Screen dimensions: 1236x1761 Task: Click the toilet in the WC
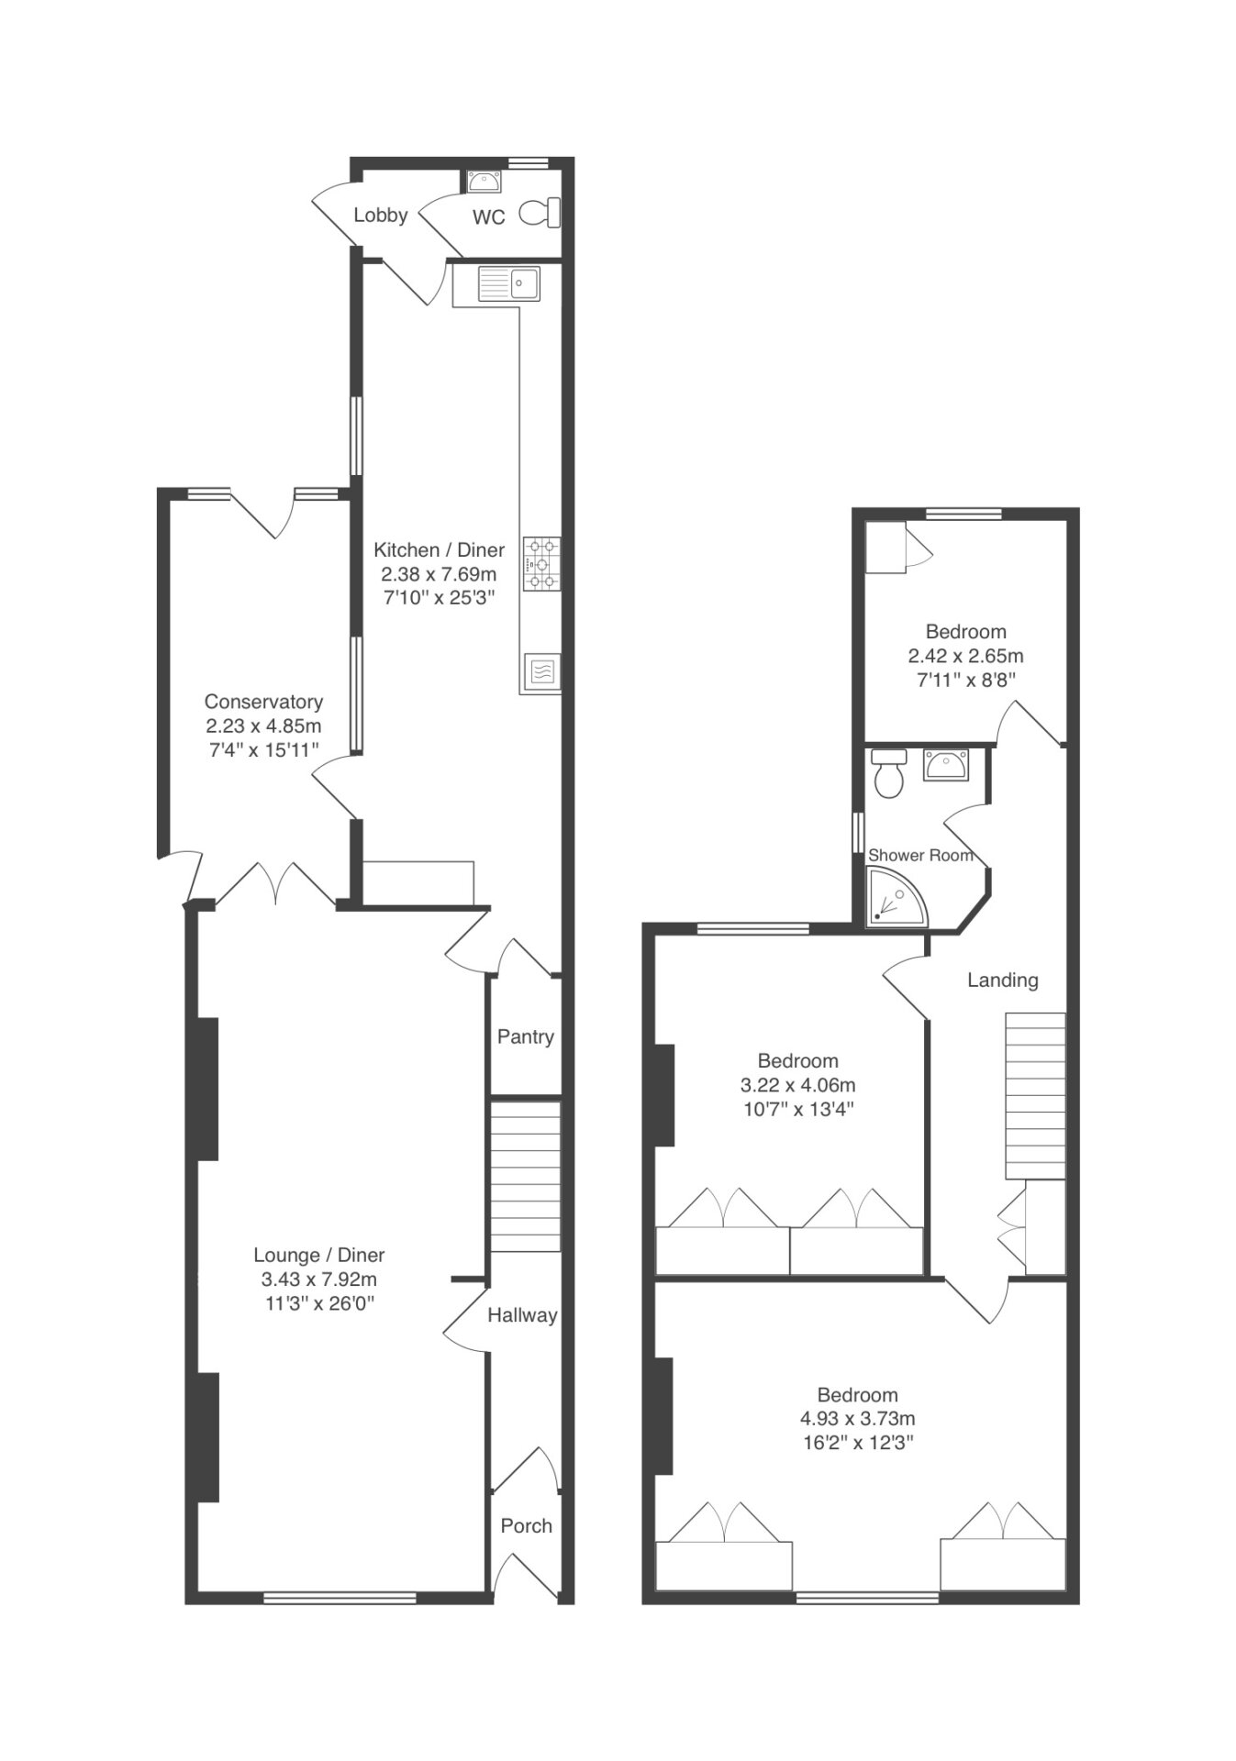click(x=540, y=213)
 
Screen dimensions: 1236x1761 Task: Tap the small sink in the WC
click(x=484, y=183)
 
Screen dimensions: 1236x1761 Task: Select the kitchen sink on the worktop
click(x=510, y=283)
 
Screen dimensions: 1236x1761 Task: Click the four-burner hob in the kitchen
click(x=541, y=564)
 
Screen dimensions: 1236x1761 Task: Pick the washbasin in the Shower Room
click(x=945, y=764)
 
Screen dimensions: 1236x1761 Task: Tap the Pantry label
click(x=526, y=1036)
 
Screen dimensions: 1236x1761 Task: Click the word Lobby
click(x=381, y=215)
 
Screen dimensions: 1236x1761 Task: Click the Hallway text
click(x=522, y=1315)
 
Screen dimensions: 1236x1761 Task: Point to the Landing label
click(x=1003, y=980)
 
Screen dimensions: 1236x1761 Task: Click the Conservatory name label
click(x=263, y=702)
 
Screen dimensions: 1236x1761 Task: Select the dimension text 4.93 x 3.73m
click(x=858, y=1418)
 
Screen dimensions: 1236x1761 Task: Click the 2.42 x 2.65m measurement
click(x=965, y=656)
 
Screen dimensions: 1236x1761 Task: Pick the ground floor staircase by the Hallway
click(x=525, y=1177)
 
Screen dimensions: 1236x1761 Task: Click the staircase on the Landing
click(x=1035, y=1096)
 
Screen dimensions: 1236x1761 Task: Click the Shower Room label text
click(x=920, y=855)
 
